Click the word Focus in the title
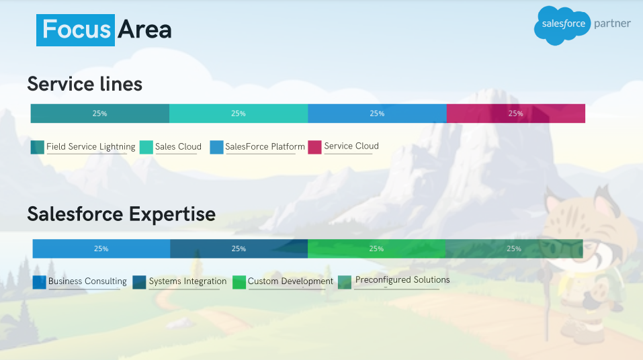point(77,30)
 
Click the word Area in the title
point(144,30)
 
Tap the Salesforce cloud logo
point(562,25)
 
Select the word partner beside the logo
point(612,24)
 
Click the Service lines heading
point(85,84)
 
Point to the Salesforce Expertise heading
point(122,214)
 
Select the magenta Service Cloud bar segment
point(516,114)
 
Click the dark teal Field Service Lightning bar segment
point(100,114)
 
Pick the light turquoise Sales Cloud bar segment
point(239,114)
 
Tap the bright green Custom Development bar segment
point(376,249)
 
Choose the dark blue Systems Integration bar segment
point(239,249)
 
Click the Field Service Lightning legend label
point(91,147)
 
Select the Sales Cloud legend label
point(178,147)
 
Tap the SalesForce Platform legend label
point(265,147)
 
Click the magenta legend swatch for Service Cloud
point(314,147)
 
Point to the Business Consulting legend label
point(87,281)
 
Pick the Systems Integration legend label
point(187,281)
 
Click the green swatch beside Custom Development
point(239,282)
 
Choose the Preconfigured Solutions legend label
point(402,280)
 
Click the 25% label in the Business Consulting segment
point(101,249)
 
